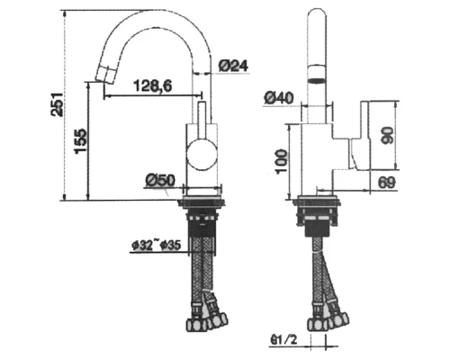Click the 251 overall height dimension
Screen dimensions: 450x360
pos(57,104)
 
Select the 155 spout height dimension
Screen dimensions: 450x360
pos(81,141)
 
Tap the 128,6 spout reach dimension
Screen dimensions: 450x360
pos(153,86)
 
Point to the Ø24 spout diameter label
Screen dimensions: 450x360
pos(233,66)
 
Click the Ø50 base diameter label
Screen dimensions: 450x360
pos(160,181)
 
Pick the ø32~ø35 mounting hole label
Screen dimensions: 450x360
pos(157,246)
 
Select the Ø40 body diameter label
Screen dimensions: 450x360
pos(278,97)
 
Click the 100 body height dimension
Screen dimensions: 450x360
pos(282,161)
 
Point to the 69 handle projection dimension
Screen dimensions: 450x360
pos(387,182)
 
